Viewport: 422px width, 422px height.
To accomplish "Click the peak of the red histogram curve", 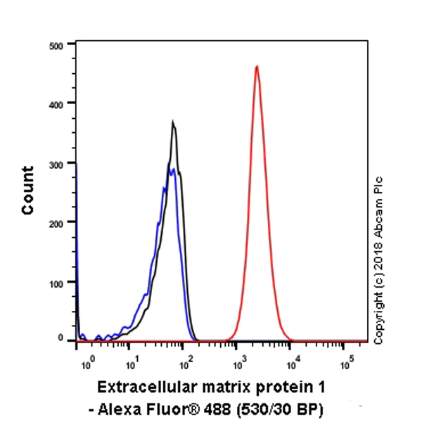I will pyautogui.click(x=257, y=67).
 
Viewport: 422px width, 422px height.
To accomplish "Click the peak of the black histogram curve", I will pyautogui.click(x=173, y=122).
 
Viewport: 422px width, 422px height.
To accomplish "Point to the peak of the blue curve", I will pyautogui.click(x=172, y=168).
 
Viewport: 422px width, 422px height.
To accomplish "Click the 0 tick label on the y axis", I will pyautogui.click(x=62, y=340).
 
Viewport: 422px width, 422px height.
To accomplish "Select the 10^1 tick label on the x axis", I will pyautogui.click(x=131, y=365).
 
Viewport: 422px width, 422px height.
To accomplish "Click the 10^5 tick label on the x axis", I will pyautogui.click(x=345, y=365).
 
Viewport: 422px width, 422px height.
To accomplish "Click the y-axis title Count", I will pyautogui.click(x=28, y=191).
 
